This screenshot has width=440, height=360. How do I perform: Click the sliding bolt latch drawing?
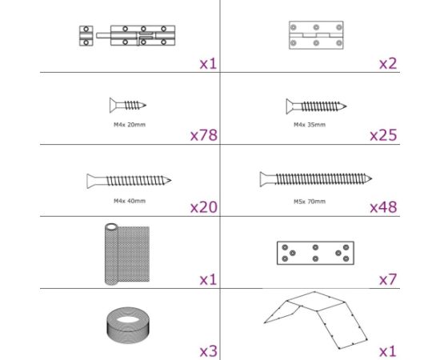point(128,36)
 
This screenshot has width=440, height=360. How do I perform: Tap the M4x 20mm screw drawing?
point(127,104)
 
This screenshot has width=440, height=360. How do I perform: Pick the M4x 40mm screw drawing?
point(129,180)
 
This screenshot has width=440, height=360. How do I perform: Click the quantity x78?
point(204,135)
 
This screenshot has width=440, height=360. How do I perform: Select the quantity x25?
point(383,135)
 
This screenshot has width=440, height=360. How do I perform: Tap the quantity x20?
point(204,207)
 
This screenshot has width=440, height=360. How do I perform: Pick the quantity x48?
point(383,207)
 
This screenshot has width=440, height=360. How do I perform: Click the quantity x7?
point(387,279)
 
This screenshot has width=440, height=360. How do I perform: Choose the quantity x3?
point(208,350)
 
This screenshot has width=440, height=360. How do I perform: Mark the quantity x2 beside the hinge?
point(387,62)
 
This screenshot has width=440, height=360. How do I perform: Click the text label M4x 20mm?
point(129,125)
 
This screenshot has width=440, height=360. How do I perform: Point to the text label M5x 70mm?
point(310,201)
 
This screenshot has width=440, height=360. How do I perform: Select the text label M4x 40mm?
point(129,201)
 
